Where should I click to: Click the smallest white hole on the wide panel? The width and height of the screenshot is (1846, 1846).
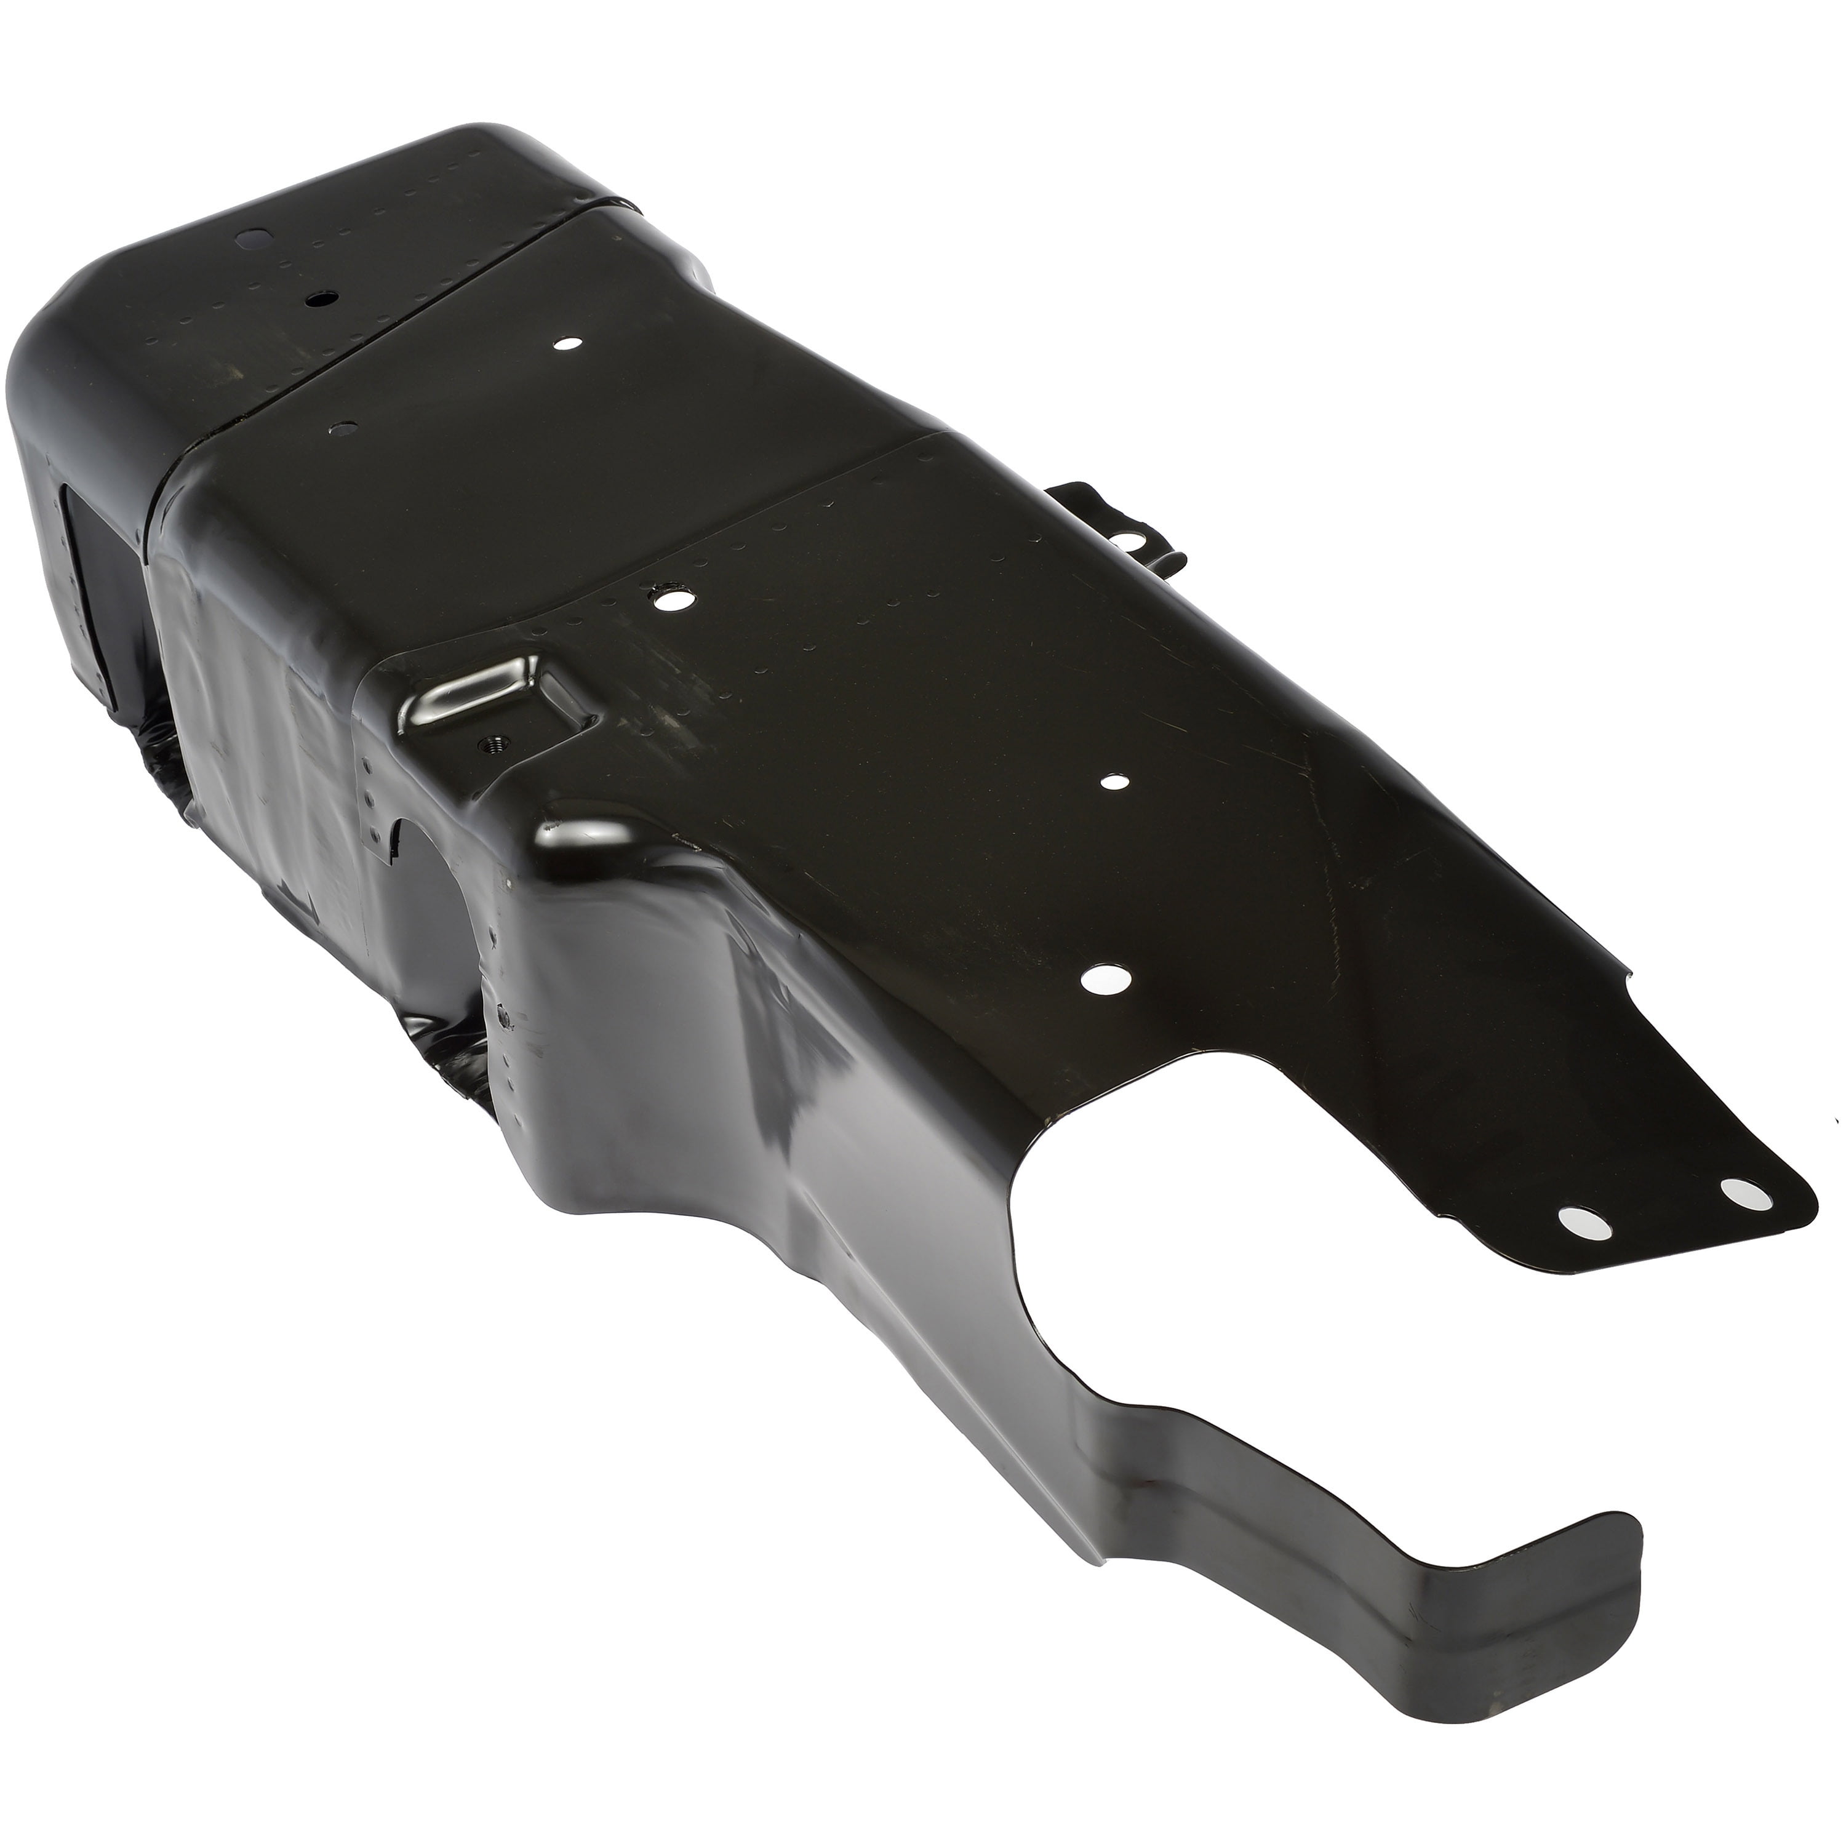tap(1111, 781)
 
